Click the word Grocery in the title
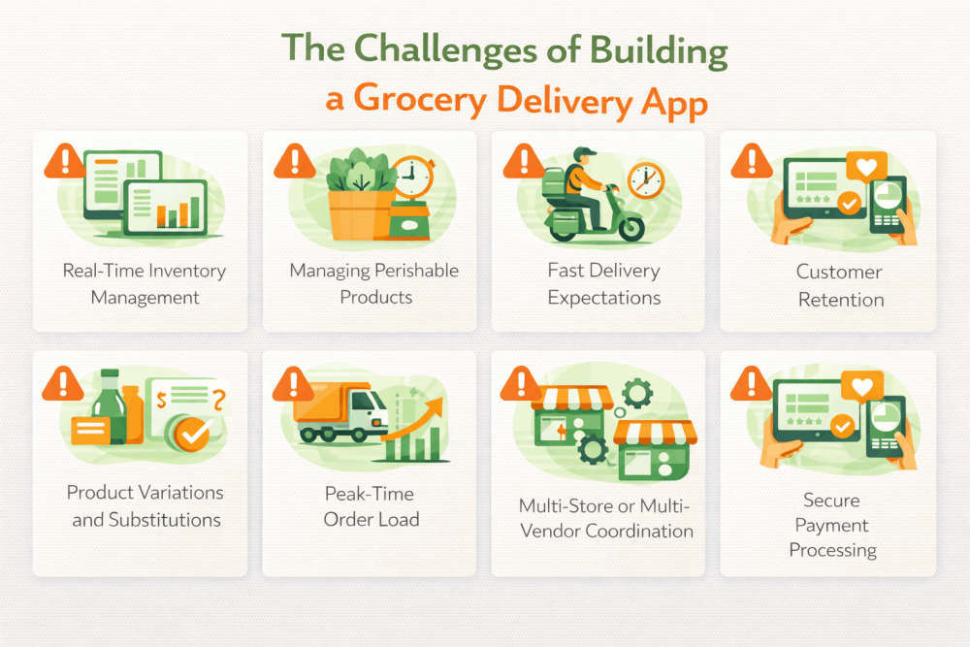tap(419, 100)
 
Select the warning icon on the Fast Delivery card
tap(524, 161)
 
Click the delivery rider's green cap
tap(584, 152)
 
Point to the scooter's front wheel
tap(631, 230)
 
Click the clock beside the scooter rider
tap(646, 180)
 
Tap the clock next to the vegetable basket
tap(412, 178)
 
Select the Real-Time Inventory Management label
tap(145, 284)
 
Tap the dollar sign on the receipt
tap(161, 401)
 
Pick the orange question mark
tap(219, 401)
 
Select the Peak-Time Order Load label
tap(372, 506)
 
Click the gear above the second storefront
tap(636, 393)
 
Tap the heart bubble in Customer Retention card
tap(866, 167)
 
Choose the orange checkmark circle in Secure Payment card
tap(842, 426)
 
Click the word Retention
tap(841, 300)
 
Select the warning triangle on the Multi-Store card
tap(521, 383)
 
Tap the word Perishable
tap(416, 271)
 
